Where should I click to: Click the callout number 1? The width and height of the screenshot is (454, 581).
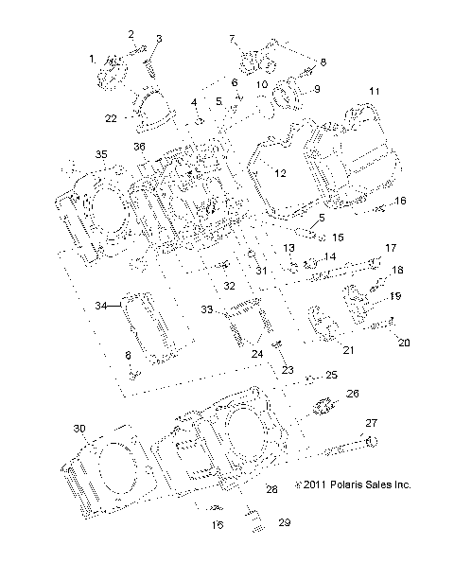[x=93, y=60]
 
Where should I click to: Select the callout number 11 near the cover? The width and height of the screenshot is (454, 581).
[x=375, y=91]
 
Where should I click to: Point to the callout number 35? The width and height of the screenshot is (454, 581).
[x=73, y=153]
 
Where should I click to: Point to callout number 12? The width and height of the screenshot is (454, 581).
[x=279, y=173]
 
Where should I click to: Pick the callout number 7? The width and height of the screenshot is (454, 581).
[x=230, y=38]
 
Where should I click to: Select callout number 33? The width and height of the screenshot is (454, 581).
[x=207, y=309]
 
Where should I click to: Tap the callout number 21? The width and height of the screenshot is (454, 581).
[x=347, y=349]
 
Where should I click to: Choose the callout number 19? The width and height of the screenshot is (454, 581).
[x=395, y=296]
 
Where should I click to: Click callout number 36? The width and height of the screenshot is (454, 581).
[x=140, y=146]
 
